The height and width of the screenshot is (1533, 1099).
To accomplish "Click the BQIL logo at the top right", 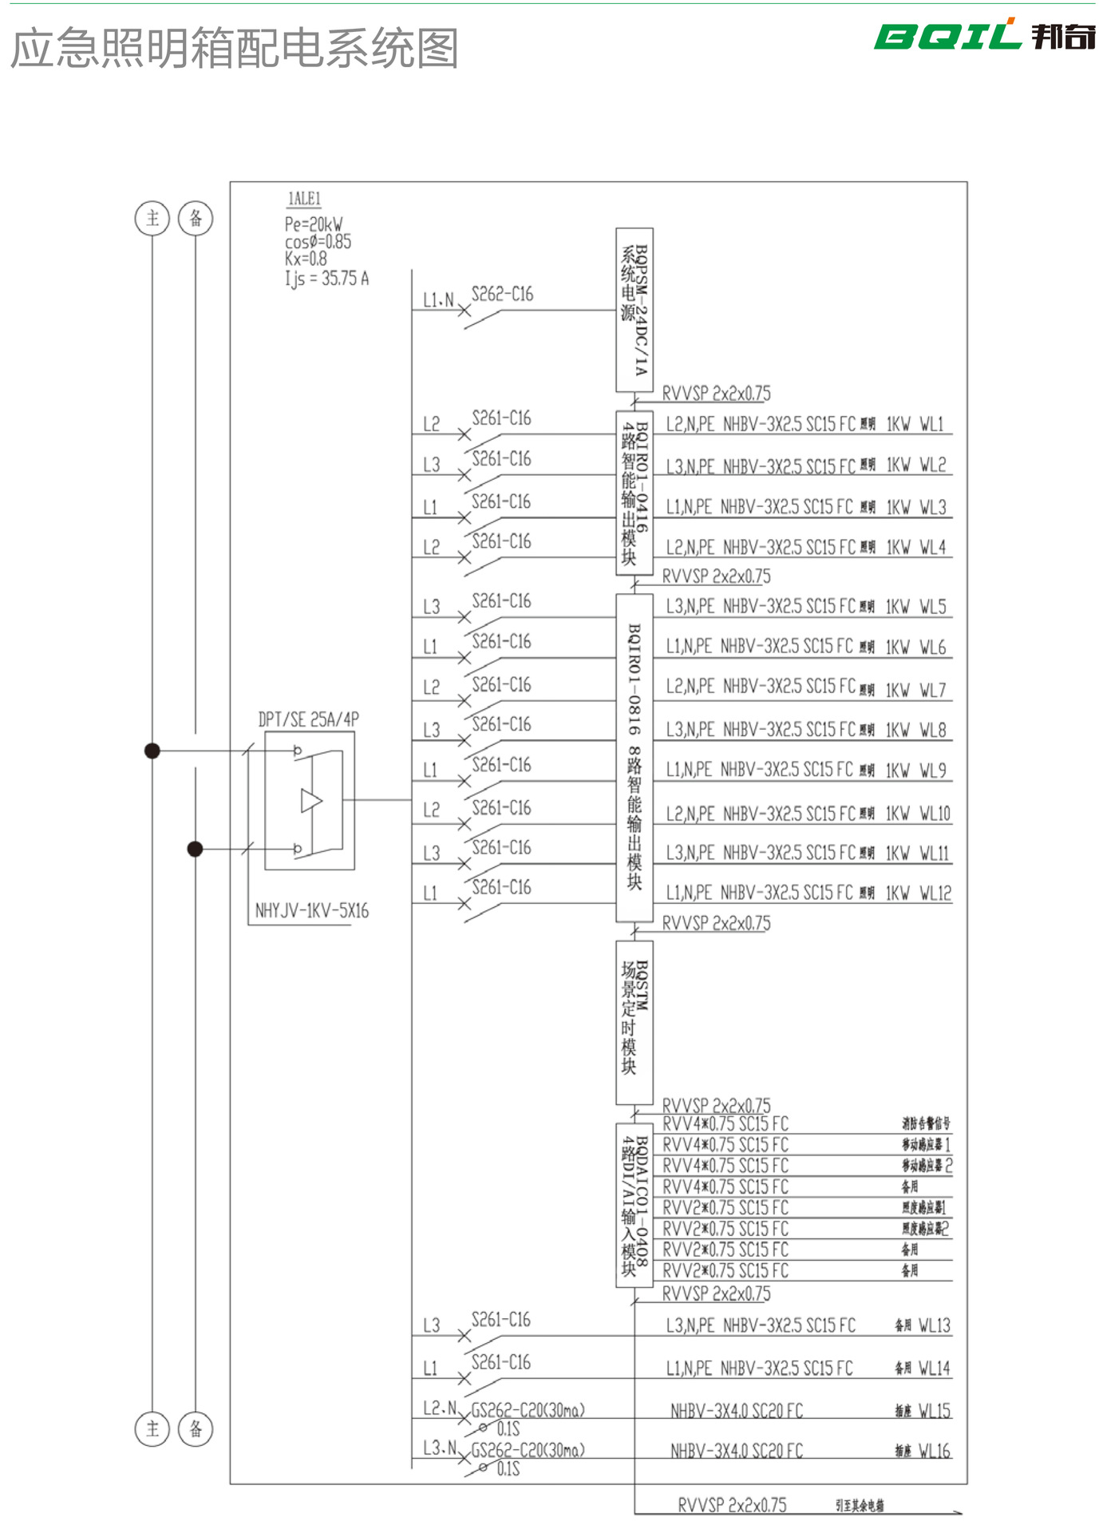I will [x=983, y=36].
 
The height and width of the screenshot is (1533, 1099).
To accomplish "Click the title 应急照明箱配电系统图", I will [x=235, y=49].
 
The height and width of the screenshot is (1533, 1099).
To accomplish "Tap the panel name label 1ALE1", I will [x=304, y=199].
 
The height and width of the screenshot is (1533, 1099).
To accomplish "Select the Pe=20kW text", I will [x=314, y=224].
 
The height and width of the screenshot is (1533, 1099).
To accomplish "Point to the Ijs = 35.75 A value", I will [x=327, y=279].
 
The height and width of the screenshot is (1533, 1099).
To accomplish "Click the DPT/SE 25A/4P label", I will [x=309, y=719].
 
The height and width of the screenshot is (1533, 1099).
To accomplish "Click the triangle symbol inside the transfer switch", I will [x=310, y=800].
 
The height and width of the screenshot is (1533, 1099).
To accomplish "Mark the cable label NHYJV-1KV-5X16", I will [x=312, y=911].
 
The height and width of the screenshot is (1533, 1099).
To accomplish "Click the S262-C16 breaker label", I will [x=502, y=295].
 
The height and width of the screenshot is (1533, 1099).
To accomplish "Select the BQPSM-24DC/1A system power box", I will [x=634, y=310].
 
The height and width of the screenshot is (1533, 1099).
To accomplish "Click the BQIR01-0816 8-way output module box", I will [x=634, y=757].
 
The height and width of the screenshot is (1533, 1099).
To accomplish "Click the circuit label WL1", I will [x=931, y=424].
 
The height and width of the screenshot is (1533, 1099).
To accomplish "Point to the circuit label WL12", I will [x=935, y=893].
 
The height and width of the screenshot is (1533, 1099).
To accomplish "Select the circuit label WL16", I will [x=934, y=1451].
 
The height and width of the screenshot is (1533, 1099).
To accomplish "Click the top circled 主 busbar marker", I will [x=152, y=218].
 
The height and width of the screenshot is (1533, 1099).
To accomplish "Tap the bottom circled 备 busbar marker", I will [x=196, y=1428].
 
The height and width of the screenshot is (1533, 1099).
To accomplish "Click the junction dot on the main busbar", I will [x=152, y=751].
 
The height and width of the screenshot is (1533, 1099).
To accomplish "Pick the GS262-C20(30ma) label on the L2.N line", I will [x=528, y=1410].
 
